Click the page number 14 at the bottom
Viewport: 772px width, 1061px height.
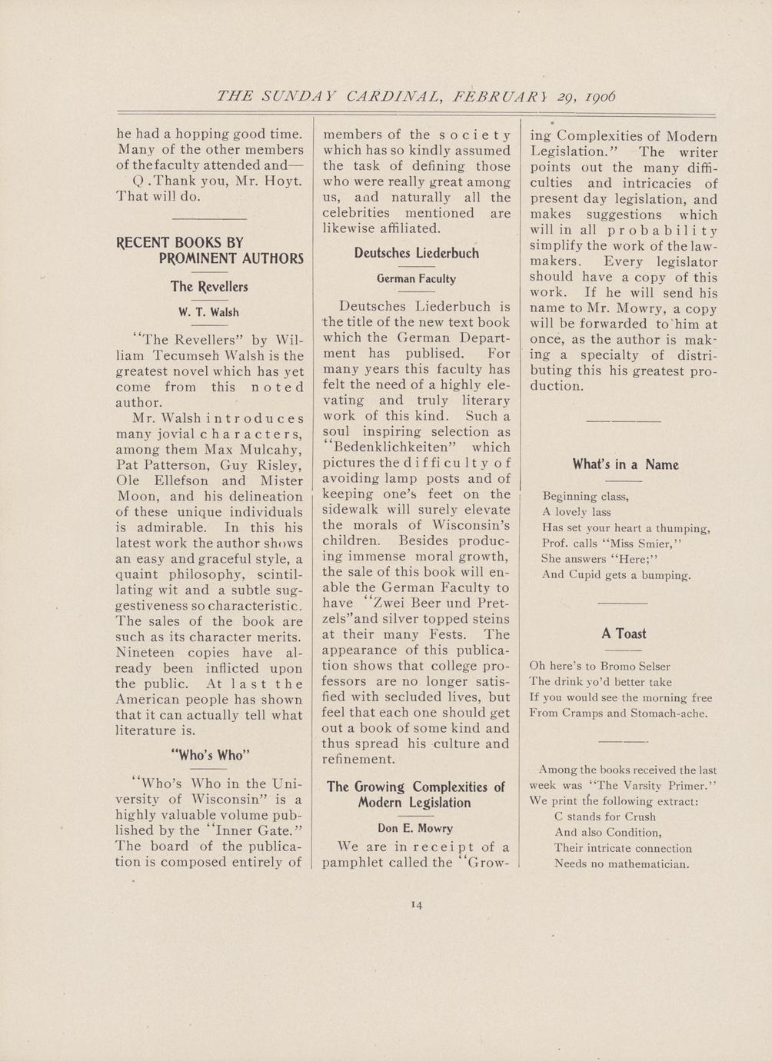click(418, 905)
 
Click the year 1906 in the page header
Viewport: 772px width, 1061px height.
click(599, 97)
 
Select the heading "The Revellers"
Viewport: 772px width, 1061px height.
click(209, 287)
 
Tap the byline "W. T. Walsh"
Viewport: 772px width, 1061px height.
click(208, 312)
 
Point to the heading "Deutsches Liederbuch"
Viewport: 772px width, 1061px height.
click(416, 253)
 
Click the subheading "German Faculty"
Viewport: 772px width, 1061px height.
click(416, 278)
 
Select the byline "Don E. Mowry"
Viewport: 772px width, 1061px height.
click(415, 828)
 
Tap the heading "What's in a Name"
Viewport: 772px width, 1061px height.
click(625, 464)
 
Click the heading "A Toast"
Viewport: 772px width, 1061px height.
click(624, 634)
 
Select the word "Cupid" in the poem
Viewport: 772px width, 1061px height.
click(588, 574)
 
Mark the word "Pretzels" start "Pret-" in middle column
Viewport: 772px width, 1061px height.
click(492, 603)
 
